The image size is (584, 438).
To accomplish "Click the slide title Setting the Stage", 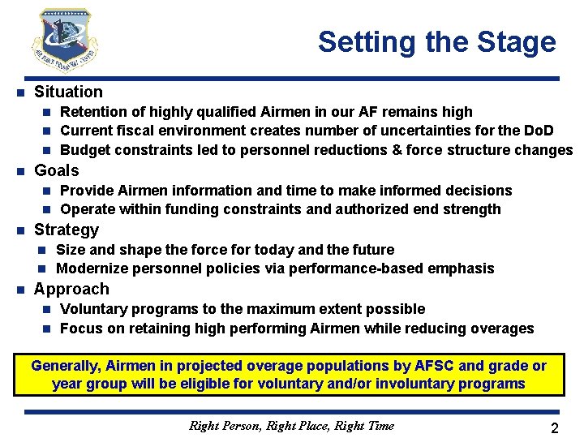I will pyautogui.click(x=436, y=41).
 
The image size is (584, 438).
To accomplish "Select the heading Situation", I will pyautogui.click(x=68, y=92).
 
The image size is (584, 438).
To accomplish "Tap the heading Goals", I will pyautogui.click(x=57, y=170).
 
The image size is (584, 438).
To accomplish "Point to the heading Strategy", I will pyautogui.click(x=67, y=230).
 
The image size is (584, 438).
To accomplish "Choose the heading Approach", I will pyautogui.click(x=71, y=289).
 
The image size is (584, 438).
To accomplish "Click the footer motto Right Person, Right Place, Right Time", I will pyautogui.click(x=291, y=425).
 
